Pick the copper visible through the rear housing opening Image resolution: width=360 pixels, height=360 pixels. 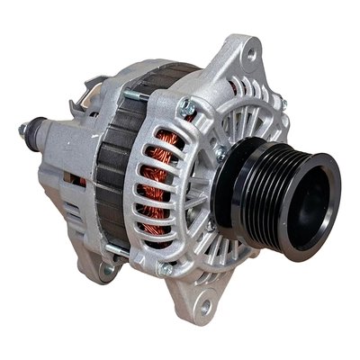tap(81, 181)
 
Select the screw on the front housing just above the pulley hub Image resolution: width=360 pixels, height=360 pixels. tap(220, 154)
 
